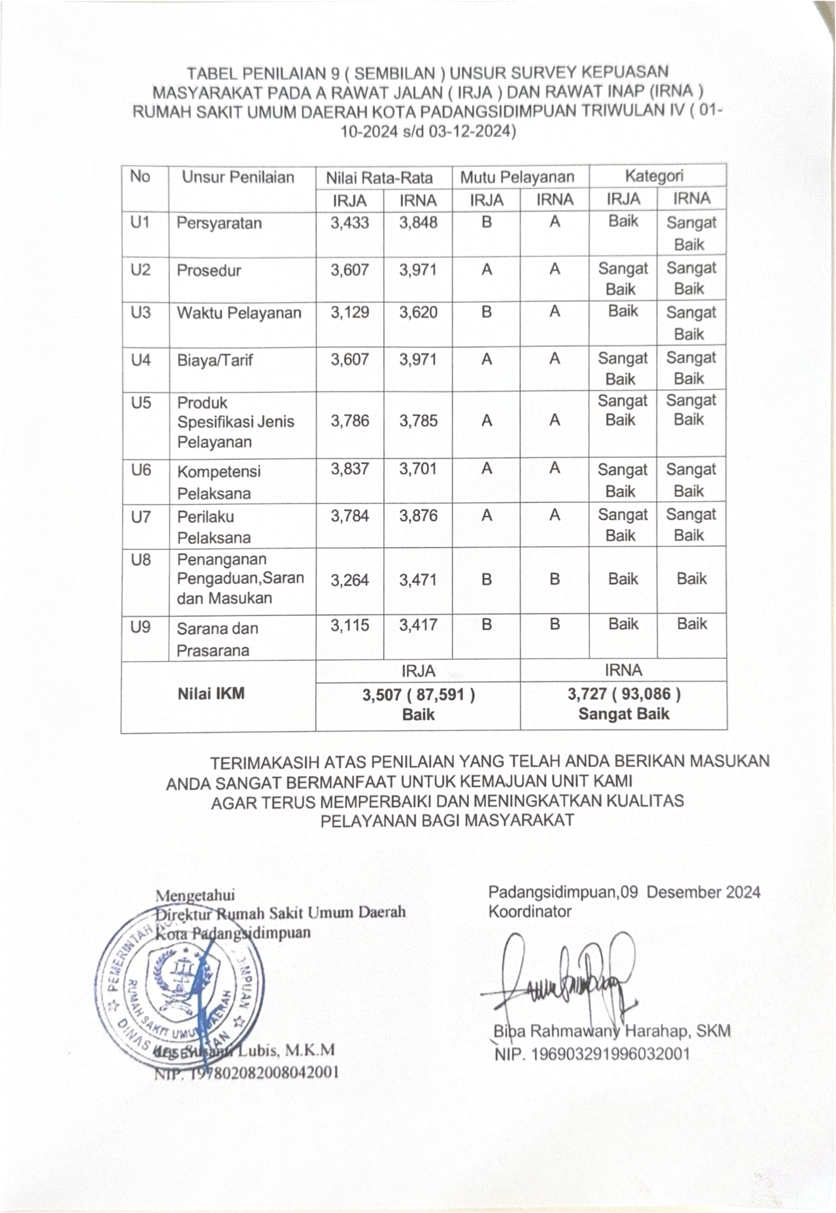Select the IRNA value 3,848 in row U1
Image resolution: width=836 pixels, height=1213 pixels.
click(x=418, y=223)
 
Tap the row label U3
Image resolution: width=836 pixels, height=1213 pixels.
click(x=140, y=312)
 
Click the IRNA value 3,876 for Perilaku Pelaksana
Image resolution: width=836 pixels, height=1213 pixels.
click(x=418, y=515)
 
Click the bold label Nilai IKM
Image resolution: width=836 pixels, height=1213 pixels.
click(x=211, y=694)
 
